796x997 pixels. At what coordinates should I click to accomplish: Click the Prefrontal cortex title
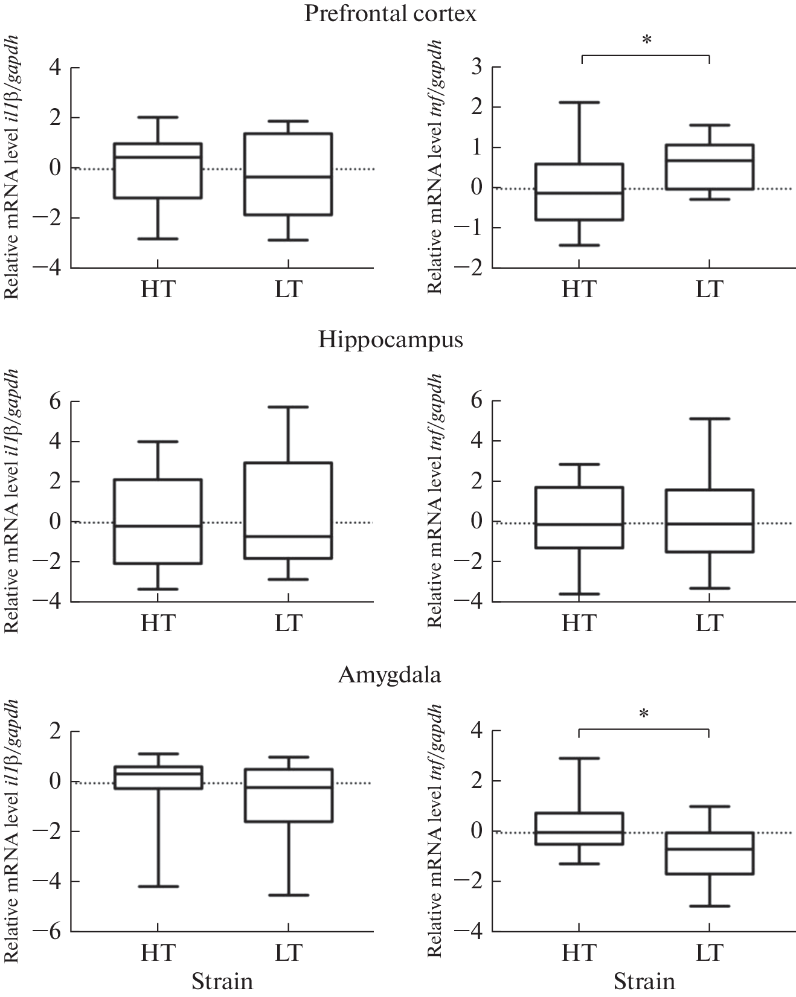point(390,13)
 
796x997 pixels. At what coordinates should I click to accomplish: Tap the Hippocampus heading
point(391,340)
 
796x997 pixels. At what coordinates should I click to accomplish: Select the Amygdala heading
point(390,675)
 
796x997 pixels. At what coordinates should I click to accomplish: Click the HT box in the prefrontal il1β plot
point(158,171)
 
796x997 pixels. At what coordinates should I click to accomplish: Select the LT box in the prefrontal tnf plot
point(709,167)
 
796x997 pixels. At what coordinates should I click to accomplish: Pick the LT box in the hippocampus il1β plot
point(288,510)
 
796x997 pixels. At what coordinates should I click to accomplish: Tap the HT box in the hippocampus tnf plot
point(579,518)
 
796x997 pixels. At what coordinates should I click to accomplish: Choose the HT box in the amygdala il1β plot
point(158,777)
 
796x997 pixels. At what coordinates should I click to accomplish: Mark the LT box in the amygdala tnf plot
point(709,853)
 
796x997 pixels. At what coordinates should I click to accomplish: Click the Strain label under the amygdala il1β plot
point(222,981)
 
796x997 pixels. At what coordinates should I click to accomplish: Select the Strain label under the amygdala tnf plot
point(644,981)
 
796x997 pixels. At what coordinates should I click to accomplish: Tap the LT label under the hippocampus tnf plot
point(709,622)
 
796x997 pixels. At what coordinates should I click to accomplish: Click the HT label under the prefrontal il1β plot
point(158,289)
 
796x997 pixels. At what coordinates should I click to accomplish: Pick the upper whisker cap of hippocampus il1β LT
point(288,407)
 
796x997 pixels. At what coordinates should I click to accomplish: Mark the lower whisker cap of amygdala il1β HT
point(158,886)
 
